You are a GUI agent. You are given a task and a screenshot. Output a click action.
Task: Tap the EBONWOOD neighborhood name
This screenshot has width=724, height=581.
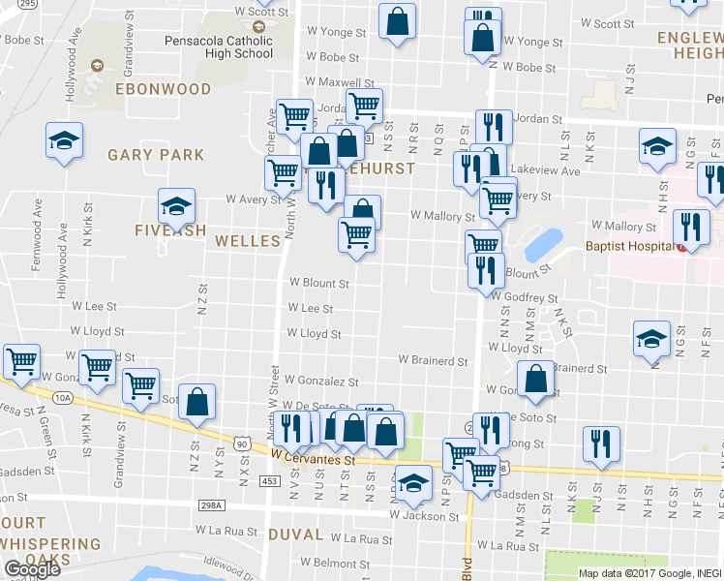(x=163, y=89)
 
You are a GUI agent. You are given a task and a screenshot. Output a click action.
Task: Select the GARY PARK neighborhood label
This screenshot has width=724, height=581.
(x=156, y=155)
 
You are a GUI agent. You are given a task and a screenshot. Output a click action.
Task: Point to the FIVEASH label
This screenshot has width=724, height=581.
(x=170, y=231)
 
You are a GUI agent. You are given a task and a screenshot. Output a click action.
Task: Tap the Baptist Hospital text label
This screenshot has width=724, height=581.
(x=629, y=246)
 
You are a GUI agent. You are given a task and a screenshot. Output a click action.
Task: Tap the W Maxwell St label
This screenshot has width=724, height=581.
(x=340, y=83)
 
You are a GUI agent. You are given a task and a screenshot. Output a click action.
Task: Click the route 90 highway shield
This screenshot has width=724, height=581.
(x=240, y=443)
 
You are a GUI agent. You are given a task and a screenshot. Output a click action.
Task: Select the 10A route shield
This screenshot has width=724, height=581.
(x=64, y=397)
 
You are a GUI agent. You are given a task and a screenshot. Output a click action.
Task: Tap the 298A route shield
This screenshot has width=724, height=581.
(x=212, y=505)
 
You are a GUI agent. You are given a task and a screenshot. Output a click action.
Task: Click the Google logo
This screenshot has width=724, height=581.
(x=31, y=569)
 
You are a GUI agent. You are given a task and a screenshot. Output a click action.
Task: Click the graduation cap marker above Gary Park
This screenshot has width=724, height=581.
(x=65, y=141)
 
